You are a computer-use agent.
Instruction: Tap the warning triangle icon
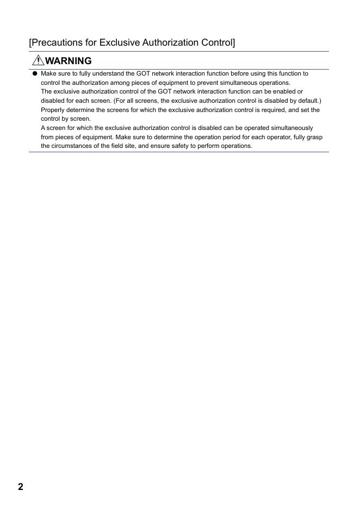click(x=39, y=60)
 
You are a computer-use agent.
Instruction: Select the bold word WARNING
click(x=69, y=61)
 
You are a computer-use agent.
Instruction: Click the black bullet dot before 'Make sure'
click(x=35, y=73)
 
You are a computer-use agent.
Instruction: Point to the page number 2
click(x=21, y=487)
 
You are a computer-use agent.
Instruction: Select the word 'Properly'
click(x=53, y=110)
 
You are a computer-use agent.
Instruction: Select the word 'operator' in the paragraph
click(x=278, y=137)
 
